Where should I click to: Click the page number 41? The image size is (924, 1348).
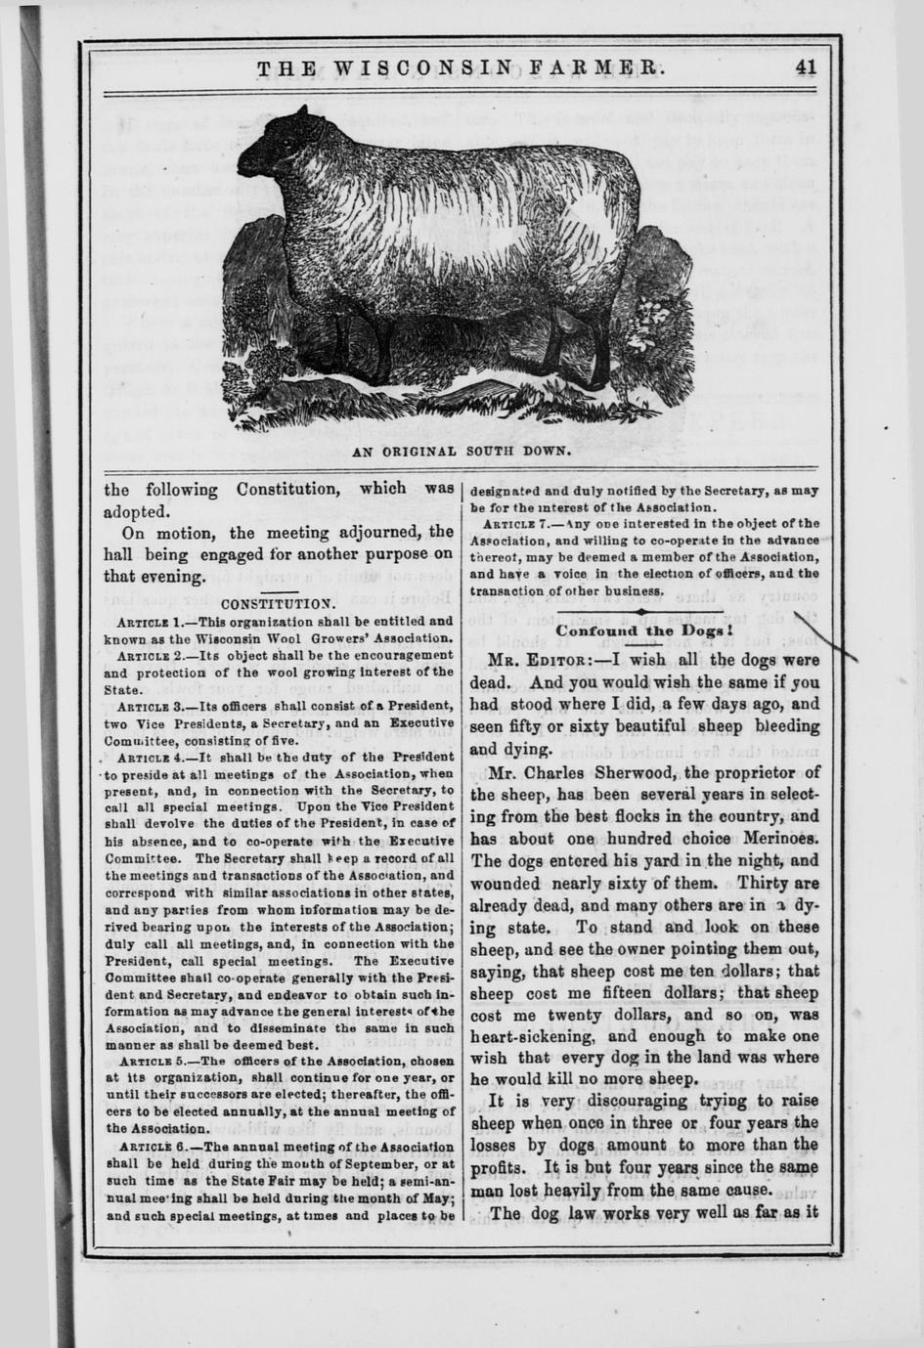tap(806, 67)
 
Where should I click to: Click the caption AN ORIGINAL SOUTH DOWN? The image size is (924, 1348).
tap(462, 452)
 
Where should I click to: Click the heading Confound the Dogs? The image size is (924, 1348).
tap(645, 631)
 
